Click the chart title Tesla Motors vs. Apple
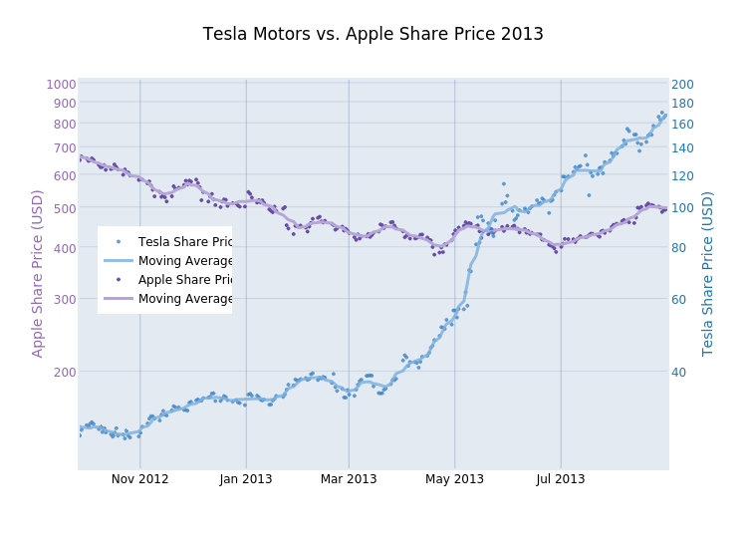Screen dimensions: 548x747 click(x=373, y=34)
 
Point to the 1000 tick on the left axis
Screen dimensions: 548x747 click(x=62, y=85)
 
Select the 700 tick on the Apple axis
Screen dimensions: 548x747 click(x=64, y=148)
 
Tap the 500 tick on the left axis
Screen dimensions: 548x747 click(x=64, y=208)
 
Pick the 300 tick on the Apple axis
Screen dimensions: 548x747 click(x=64, y=299)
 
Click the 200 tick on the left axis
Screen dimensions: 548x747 click(x=64, y=372)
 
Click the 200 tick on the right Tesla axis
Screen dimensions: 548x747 click(x=682, y=85)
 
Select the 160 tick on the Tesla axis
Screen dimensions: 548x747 click(x=682, y=125)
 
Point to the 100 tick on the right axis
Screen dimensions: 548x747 click(x=682, y=208)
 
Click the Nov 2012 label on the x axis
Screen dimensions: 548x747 click(x=139, y=479)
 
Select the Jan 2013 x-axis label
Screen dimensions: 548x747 click(x=246, y=479)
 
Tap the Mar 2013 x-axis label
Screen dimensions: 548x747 click(x=349, y=479)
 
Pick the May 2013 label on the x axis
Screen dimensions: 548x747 click(x=455, y=479)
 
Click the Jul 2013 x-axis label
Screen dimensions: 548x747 click(x=561, y=479)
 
